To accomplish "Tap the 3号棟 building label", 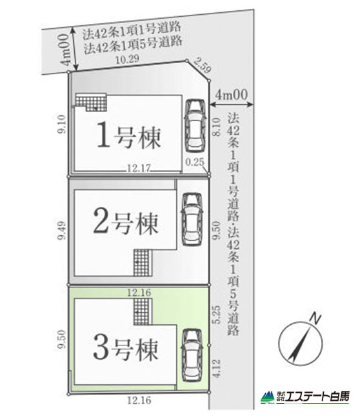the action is click(x=126, y=349).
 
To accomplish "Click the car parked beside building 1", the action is click(x=195, y=125).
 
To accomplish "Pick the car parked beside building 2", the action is click(x=192, y=219).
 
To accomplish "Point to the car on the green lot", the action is click(x=192, y=355).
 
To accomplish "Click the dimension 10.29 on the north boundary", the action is click(x=127, y=59).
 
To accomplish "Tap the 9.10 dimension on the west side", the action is click(x=61, y=124).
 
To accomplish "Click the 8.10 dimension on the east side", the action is click(x=216, y=127).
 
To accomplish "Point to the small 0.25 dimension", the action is click(x=194, y=162).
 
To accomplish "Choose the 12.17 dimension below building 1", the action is click(x=139, y=168).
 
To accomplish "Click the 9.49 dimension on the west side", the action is click(x=62, y=230).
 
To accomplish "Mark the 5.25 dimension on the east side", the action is click(x=217, y=315).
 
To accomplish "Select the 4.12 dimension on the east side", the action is click(x=217, y=368).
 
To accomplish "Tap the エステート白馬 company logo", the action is click(x=305, y=397).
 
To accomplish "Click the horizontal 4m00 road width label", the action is click(x=232, y=95).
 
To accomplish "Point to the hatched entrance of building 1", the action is click(x=91, y=102).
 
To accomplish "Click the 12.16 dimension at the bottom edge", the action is click(x=139, y=400).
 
